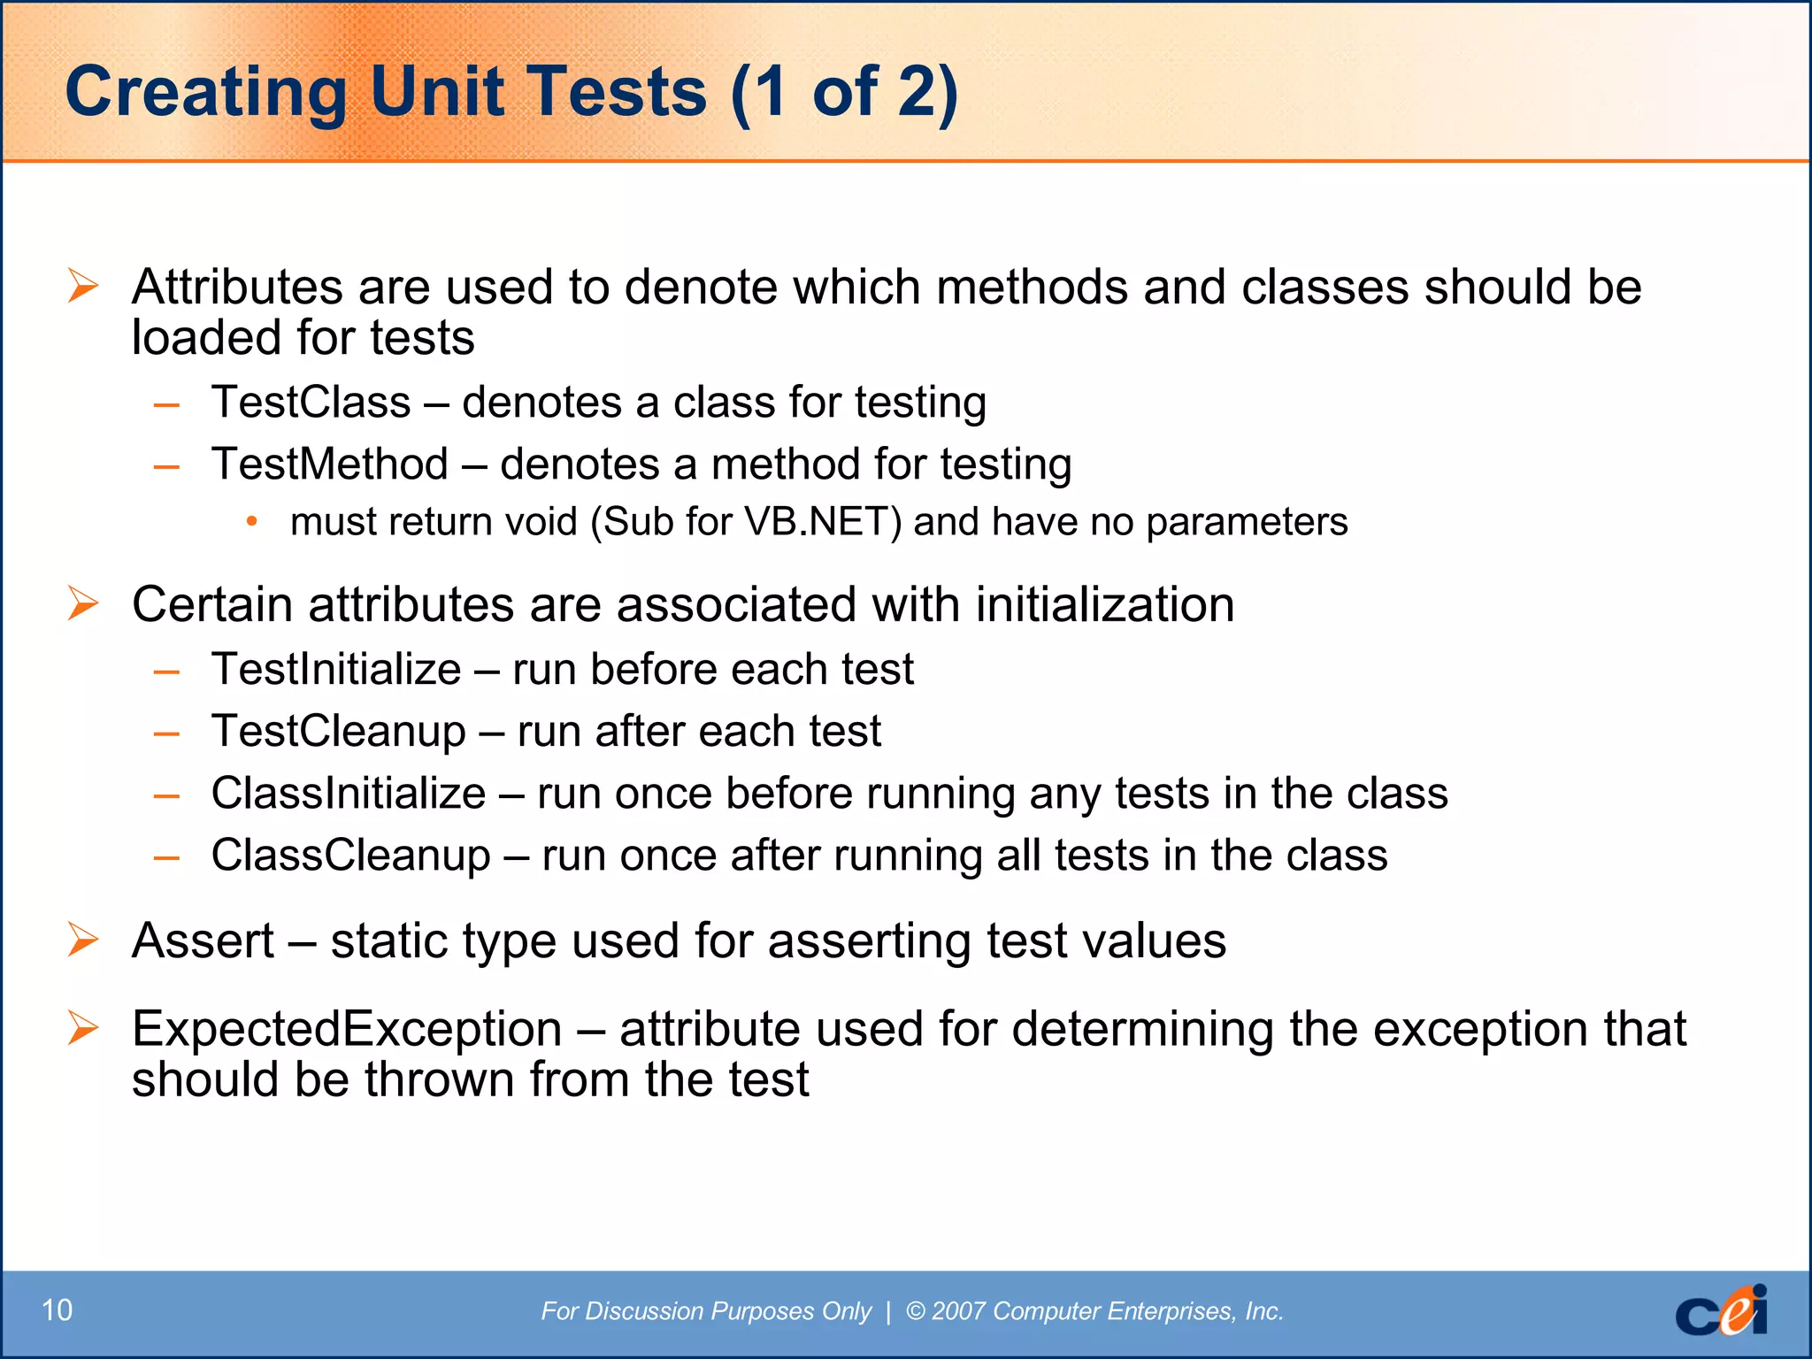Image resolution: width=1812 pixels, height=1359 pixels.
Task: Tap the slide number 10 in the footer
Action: click(58, 1310)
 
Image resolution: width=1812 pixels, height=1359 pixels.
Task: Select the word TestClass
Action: click(311, 403)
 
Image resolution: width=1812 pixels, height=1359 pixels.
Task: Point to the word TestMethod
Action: click(330, 465)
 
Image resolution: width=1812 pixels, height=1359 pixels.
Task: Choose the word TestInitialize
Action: click(336, 670)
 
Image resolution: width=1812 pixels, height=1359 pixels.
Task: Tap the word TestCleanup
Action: click(338, 732)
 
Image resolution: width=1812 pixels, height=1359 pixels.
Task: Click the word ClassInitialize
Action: click(349, 794)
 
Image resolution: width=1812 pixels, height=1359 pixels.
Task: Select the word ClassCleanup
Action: click(350, 856)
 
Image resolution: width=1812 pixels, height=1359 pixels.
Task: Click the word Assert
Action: click(203, 941)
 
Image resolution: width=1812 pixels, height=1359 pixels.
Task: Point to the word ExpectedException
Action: click(347, 1029)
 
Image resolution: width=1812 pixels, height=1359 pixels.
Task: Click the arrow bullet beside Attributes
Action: click(83, 287)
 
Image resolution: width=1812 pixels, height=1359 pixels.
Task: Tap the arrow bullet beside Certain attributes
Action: click(83, 604)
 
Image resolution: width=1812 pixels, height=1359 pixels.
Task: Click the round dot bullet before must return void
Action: click(252, 522)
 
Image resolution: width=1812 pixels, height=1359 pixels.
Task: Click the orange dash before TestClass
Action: click(166, 405)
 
